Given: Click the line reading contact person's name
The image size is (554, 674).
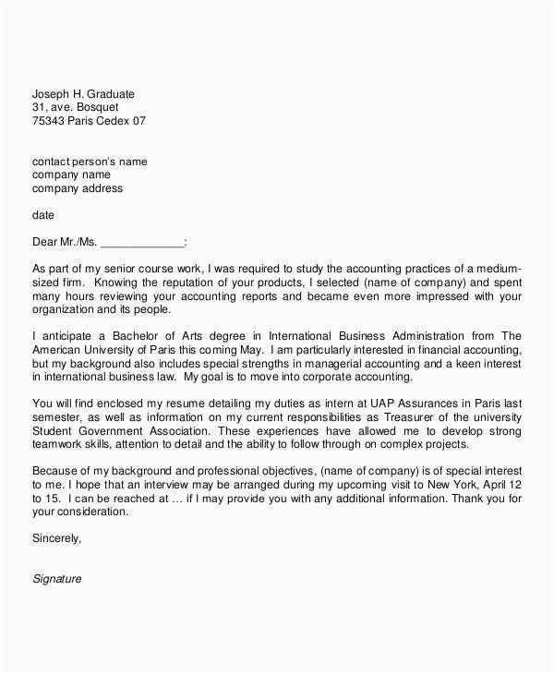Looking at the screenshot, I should point(90,162).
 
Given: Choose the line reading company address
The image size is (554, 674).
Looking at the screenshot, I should point(78,188).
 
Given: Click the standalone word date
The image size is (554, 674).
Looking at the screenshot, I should point(43,215).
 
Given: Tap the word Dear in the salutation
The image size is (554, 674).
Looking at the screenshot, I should point(46,243).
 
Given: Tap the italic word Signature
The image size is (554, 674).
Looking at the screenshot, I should point(57,579).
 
